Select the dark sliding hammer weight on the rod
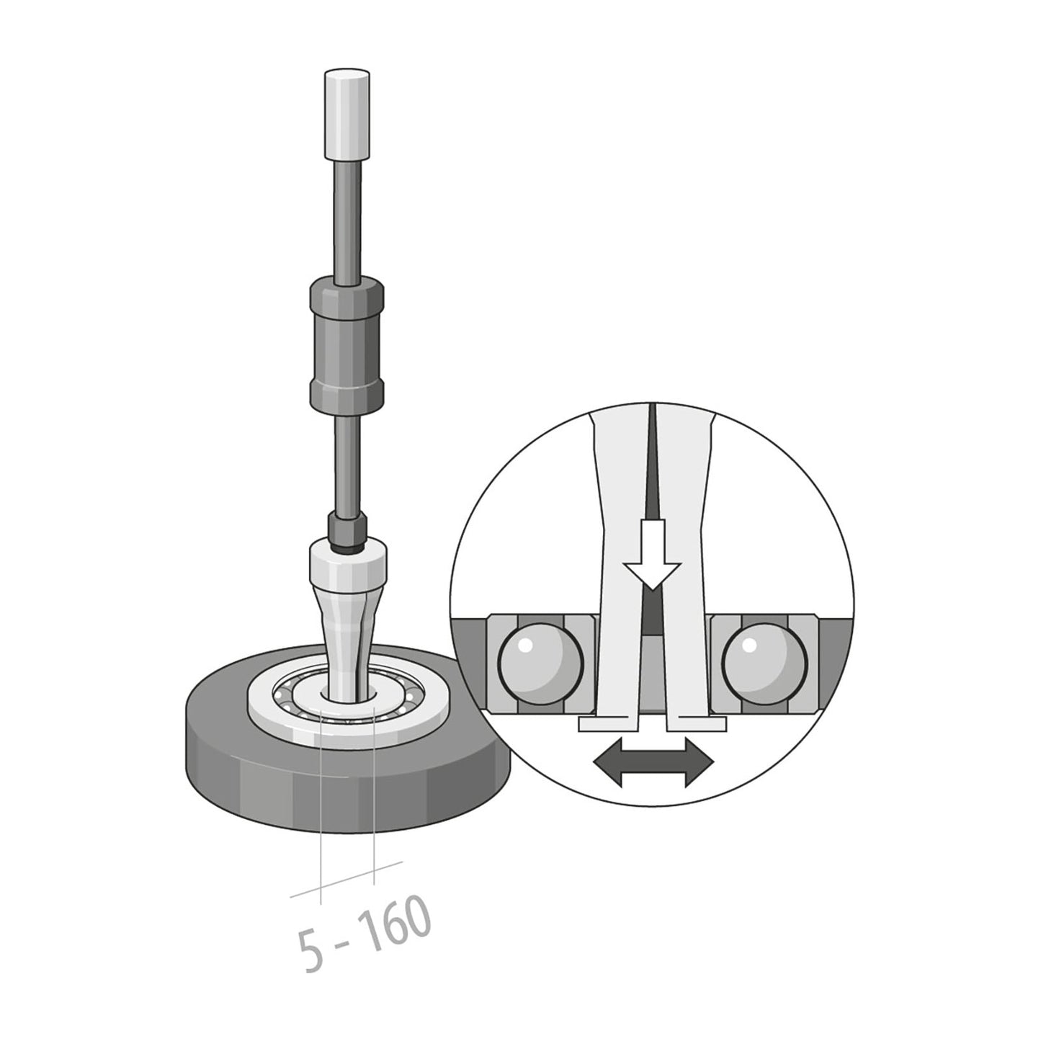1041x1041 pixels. coord(347,344)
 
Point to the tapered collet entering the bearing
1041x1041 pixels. coord(348,634)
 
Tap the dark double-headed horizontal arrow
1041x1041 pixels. coord(653,760)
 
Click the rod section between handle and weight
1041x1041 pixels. coord(347,216)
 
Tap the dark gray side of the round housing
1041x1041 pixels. coord(346,792)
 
